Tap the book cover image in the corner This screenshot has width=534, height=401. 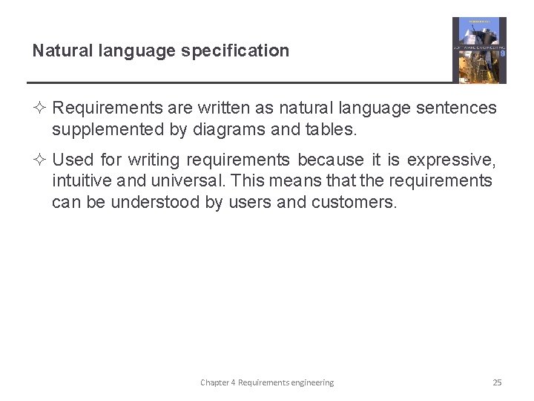pos(479,50)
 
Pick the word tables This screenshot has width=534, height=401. pos(331,130)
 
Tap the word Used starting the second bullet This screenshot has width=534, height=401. pos(73,160)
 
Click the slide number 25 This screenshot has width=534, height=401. pos(497,382)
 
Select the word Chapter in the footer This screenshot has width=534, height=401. pos(214,382)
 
